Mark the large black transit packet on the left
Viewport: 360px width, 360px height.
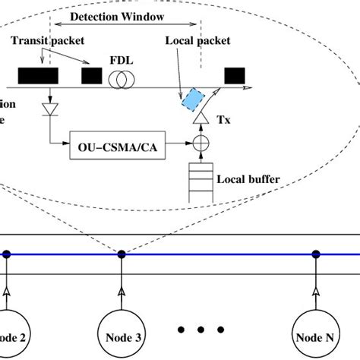pos(38,76)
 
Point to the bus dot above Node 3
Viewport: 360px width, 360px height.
pos(122,254)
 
